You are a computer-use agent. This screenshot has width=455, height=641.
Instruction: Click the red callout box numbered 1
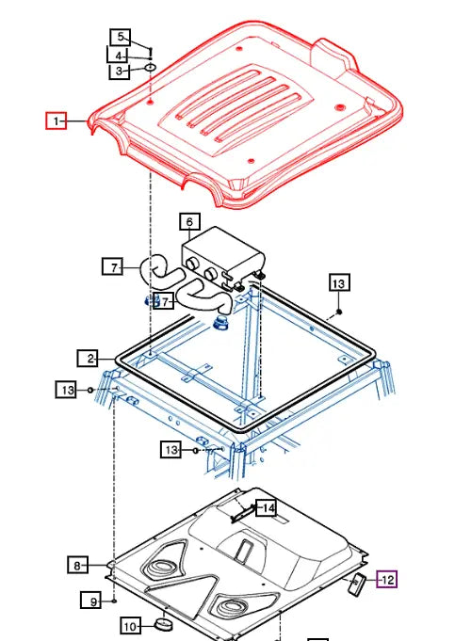pos(57,120)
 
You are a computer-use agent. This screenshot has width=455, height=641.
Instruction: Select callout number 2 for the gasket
pos(89,359)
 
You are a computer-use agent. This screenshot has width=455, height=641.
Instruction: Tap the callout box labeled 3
pos(119,71)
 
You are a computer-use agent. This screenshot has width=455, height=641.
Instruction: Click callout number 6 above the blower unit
pos(189,223)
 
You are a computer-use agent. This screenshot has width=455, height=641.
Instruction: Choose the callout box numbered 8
pos(78,565)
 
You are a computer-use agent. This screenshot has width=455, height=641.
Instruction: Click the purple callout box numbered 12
pos(388,580)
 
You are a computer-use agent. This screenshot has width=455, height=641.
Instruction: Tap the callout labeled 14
pos(268,508)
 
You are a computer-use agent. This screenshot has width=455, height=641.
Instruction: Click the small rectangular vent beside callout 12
pos(358,584)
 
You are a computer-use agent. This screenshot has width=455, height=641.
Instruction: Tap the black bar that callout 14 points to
pos(242,513)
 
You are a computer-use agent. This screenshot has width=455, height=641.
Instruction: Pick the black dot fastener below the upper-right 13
pos(339,311)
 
